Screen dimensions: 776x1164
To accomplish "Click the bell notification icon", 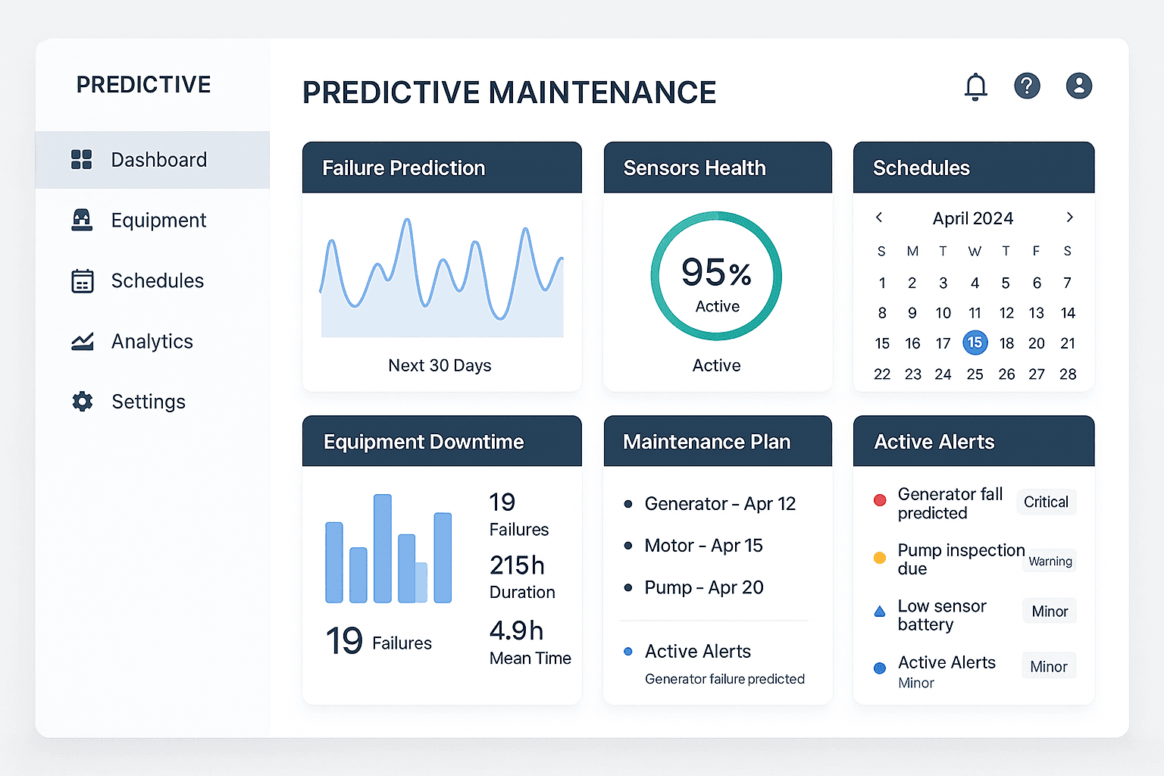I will (975, 86).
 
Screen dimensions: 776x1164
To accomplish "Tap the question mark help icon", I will (1027, 86).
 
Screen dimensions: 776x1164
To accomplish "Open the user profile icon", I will (1078, 86).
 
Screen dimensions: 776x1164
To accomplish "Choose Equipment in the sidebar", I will (158, 221).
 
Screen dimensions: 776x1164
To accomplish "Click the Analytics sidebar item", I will (152, 342).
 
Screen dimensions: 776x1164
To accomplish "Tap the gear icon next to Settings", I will (82, 402).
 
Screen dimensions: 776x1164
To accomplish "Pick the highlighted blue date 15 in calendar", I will (975, 343).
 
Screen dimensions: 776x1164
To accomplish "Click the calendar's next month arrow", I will (1069, 217).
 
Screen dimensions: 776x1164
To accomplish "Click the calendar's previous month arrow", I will (879, 217).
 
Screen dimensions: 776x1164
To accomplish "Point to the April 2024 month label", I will (972, 218).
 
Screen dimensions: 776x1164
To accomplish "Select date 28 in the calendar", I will (1067, 374).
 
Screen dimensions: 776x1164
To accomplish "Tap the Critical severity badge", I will (1046, 502).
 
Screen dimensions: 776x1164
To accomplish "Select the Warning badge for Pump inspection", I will (1050, 562).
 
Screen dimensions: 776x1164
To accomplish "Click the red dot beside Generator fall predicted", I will (880, 500).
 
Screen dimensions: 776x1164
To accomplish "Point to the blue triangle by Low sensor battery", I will (880, 612).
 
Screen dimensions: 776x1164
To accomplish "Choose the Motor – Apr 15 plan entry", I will (702, 546).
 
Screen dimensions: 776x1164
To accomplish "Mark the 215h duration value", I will (517, 565).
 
